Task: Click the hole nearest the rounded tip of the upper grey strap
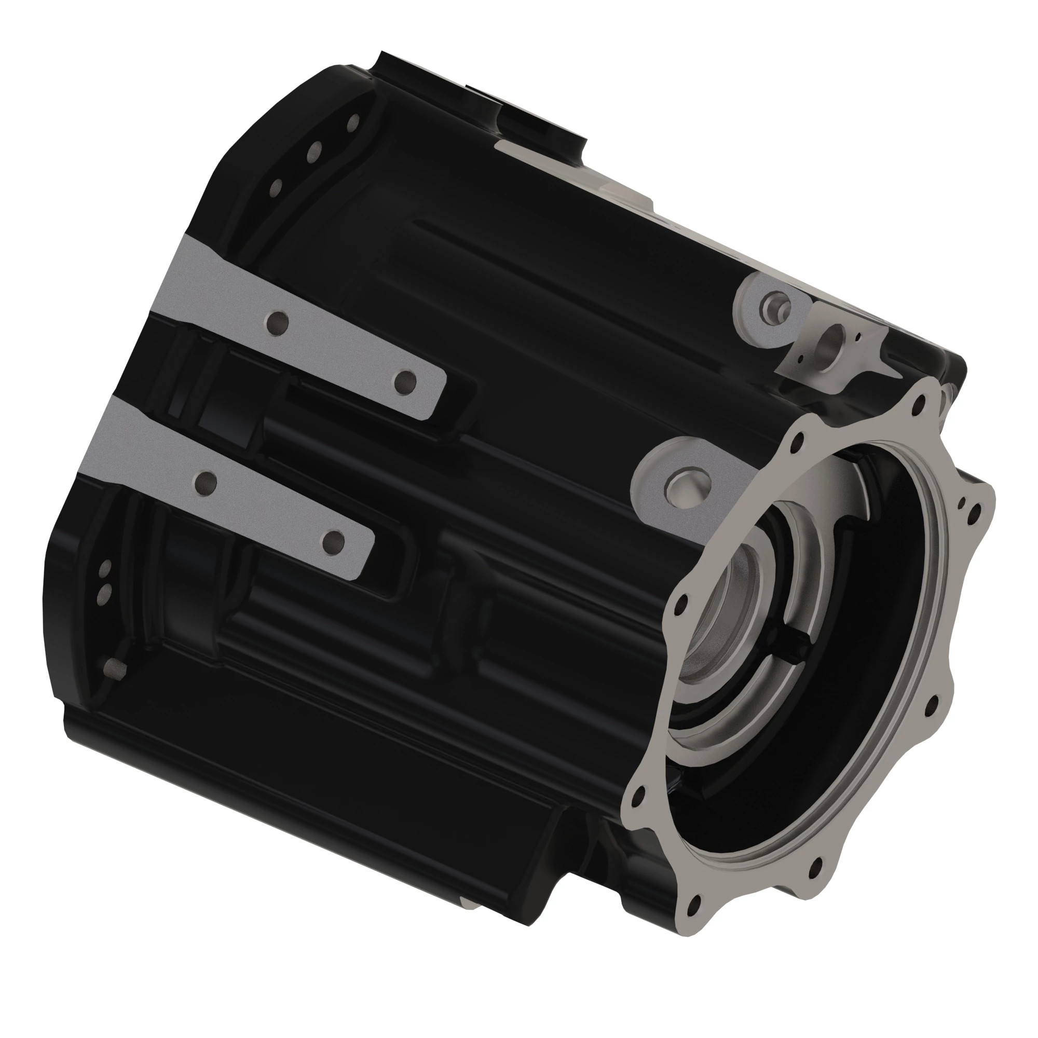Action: tap(405, 382)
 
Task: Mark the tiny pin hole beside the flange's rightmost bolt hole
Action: tap(963, 502)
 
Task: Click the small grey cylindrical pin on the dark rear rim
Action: tap(113, 668)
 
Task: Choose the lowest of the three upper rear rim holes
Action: tap(276, 187)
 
